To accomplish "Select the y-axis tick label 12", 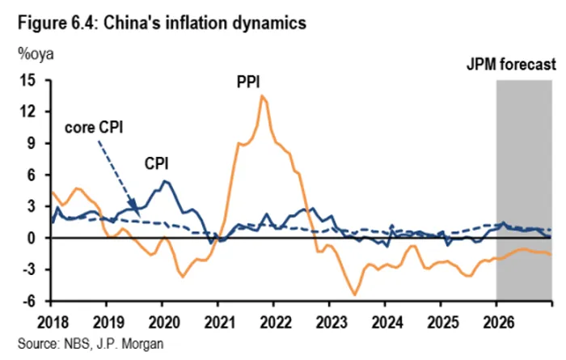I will click(x=31, y=112).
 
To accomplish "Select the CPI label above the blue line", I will click(x=156, y=163).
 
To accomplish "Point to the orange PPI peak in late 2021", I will click(x=262, y=96).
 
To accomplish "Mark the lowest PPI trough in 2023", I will click(x=354, y=294).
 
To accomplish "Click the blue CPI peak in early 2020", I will click(x=165, y=181).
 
